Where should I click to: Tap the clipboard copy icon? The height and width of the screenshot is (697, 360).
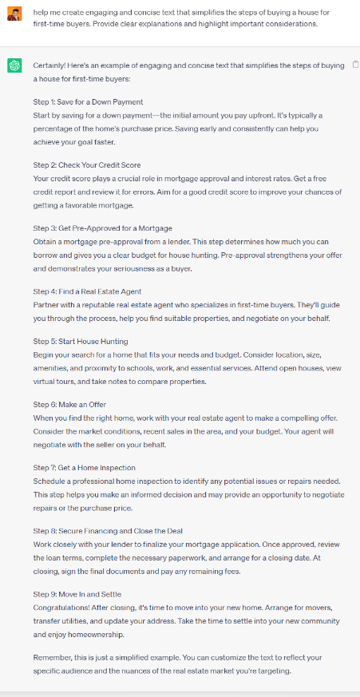[x=354, y=64]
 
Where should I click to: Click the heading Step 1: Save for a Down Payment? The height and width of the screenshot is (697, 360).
[x=88, y=102]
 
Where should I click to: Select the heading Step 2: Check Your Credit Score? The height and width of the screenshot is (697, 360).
[x=87, y=165]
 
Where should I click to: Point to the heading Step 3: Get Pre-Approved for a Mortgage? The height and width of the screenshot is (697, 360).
[x=102, y=228]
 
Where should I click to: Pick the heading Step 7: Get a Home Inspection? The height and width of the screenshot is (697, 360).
[x=84, y=467]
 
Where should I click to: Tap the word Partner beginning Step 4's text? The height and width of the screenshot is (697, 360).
[x=46, y=305]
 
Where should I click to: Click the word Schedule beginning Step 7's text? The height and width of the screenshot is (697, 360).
[x=49, y=481]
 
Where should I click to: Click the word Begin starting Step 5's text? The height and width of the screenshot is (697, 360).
[x=44, y=354]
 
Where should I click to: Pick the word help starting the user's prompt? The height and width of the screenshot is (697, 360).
[x=41, y=10]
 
